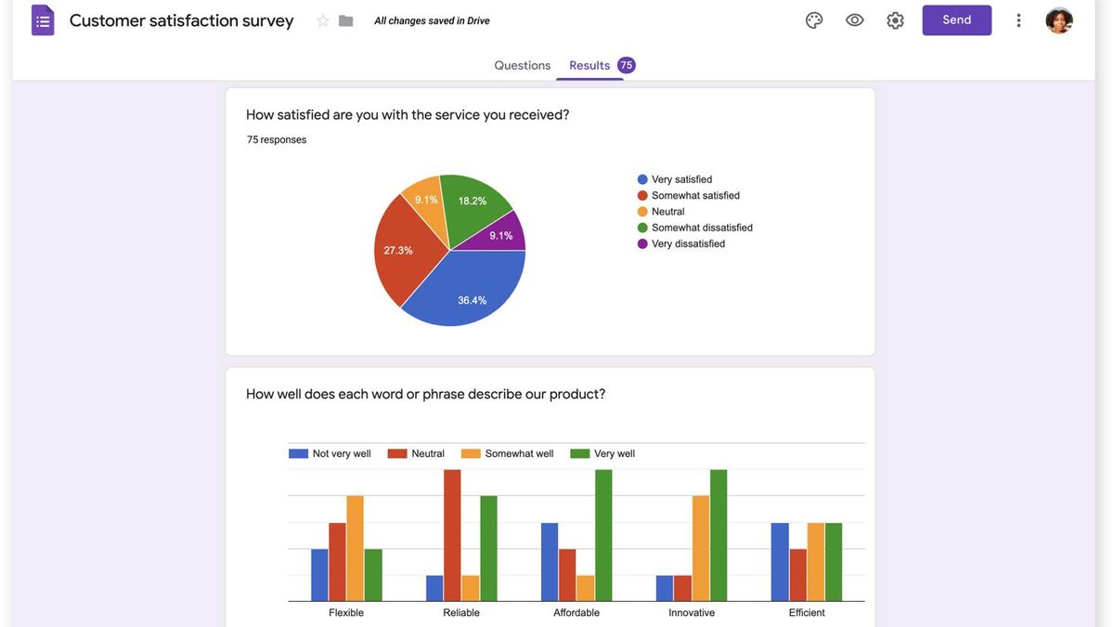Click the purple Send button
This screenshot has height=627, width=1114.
pyautogui.click(x=956, y=20)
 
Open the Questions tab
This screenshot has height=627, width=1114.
pyautogui.click(x=522, y=65)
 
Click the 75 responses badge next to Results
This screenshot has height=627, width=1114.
pyautogui.click(x=627, y=65)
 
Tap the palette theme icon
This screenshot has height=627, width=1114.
pyautogui.click(x=814, y=20)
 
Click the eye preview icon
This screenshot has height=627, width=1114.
pyautogui.click(x=855, y=20)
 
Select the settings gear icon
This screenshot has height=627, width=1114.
pyautogui.click(x=895, y=20)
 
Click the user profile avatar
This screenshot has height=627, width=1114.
pyautogui.click(x=1059, y=20)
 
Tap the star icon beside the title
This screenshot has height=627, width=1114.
pyautogui.click(x=323, y=20)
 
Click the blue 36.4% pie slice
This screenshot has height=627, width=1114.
pyautogui.click(x=469, y=293)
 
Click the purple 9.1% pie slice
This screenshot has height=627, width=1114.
pyautogui.click(x=504, y=234)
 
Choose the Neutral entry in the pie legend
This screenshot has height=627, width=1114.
pyautogui.click(x=667, y=212)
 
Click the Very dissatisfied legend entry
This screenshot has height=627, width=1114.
pyautogui.click(x=687, y=243)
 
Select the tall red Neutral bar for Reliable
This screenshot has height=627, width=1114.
pyautogui.click(x=452, y=534)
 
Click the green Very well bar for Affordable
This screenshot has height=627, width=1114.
pyautogui.click(x=603, y=534)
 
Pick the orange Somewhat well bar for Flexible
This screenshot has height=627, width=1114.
pyautogui.click(x=355, y=548)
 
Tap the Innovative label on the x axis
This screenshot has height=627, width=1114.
pyautogui.click(x=692, y=613)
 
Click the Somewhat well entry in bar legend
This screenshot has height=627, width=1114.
pyautogui.click(x=518, y=453)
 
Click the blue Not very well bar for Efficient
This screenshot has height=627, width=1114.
pyautogui.click(x=780, y=562)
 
